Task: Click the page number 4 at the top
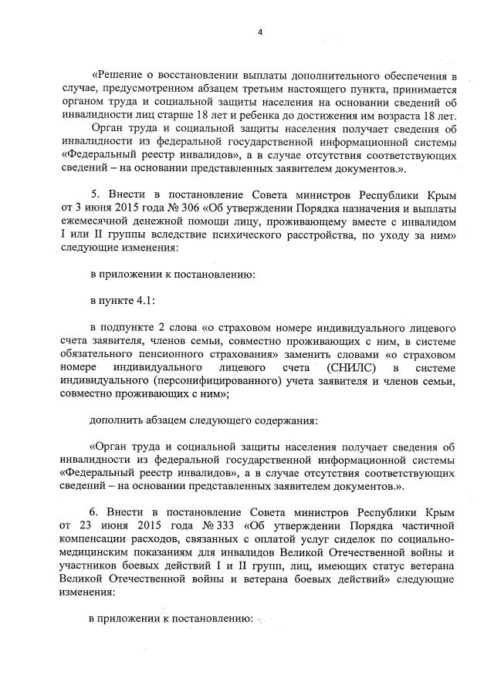259,32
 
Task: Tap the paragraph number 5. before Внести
95,196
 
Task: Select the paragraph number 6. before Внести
95,511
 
